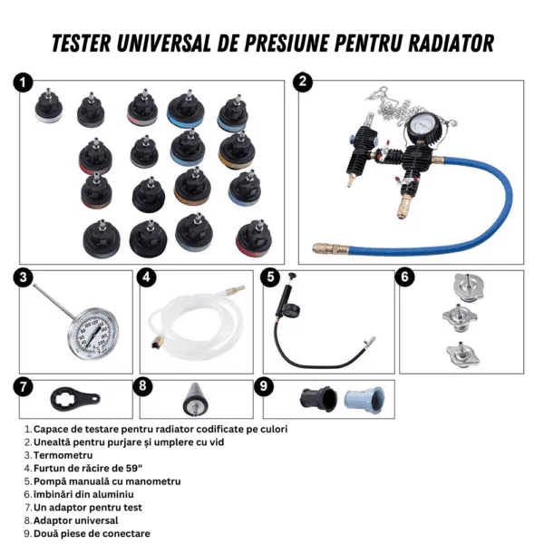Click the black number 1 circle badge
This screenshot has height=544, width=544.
(23, 83)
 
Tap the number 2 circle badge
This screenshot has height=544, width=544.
(303, 83)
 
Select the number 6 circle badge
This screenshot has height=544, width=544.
(404, 277)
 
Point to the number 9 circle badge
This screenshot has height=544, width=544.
(264, 386)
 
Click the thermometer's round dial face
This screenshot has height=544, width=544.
(92, 334)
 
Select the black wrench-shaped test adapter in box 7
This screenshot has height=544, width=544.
(74, 399)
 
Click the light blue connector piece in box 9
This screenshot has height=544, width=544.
(364, 400)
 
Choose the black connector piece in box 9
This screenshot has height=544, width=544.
(318, 399)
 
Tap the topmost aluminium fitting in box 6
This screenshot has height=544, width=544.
(469, 286)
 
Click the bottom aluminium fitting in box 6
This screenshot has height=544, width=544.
(462, 355)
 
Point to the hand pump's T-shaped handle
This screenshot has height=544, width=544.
(292, 276)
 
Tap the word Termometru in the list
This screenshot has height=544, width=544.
(63, 455)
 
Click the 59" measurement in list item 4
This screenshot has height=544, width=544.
(133, 468)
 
